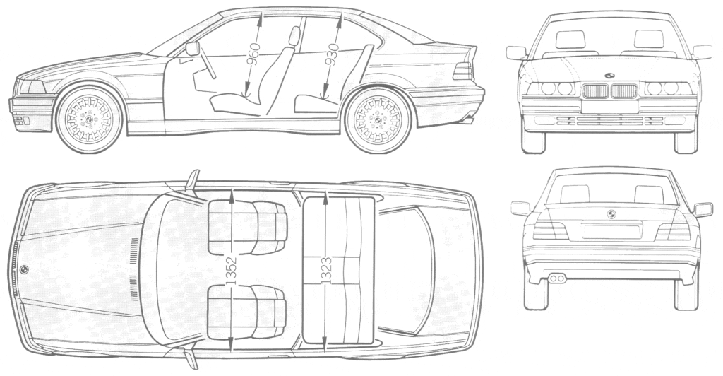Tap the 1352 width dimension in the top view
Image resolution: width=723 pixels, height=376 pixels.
pyautogui.click(x=232, y=271)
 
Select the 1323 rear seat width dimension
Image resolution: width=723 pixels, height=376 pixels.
pyautogui.click(x=325, y=271)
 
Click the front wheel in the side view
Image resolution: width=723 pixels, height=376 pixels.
pyautogui.click(x=89, y=119)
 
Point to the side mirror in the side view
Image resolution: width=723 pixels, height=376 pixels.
pyautogui.click(x=193, y=49)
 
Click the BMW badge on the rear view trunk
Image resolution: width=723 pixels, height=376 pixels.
pyautogui.click(x=611, y=214)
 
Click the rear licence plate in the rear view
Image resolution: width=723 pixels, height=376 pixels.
pyautogui.click(x=611, y=230)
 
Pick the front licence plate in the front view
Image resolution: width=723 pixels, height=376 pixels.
pyautogui.click(x=609, y=107)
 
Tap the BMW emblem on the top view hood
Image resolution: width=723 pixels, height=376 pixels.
pyautogui.click(x=23, y=270)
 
